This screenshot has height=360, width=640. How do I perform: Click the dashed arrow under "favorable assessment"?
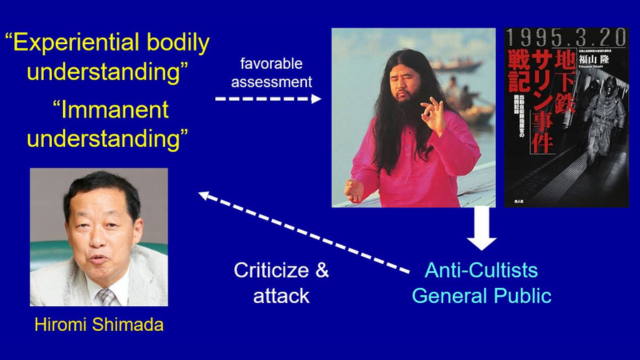(268, 99)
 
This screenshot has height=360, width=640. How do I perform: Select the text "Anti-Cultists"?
(481, 270)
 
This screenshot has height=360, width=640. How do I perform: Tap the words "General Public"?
(481, 296)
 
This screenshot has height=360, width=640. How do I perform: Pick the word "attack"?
(282, 296)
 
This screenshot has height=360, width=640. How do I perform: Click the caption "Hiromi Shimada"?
(98, 325)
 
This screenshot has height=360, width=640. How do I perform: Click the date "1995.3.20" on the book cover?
(566, 41)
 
